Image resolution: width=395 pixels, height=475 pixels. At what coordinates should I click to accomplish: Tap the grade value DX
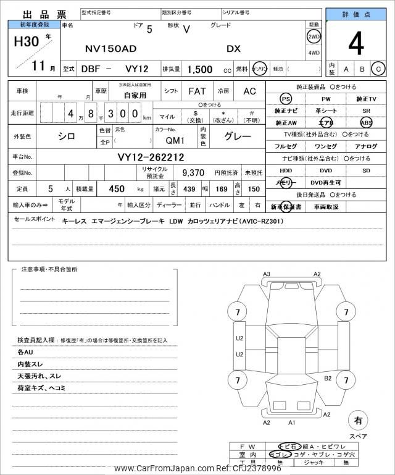pyautogui.click(x=234, y=48)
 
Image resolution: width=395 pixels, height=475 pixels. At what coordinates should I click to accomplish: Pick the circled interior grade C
pyautogui.click(x=378, y=69)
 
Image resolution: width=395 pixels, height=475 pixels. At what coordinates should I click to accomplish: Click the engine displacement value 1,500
pyautogui.click(x=200, y=69)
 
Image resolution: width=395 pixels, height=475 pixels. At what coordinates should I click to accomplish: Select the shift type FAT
pyautogui.click(x=197, y=91)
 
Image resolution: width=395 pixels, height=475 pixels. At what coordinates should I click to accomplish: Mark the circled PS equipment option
pyautogui.click(x=285, y=99)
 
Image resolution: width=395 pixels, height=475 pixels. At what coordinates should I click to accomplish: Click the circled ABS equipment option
pyautogui.click(x=366, y=122)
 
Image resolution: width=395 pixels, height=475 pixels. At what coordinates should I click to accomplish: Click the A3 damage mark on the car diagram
pyautogui.click(x=267, y=274)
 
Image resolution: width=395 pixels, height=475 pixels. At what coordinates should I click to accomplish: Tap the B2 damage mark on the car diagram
pyautogui.click(x=328, y=378)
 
